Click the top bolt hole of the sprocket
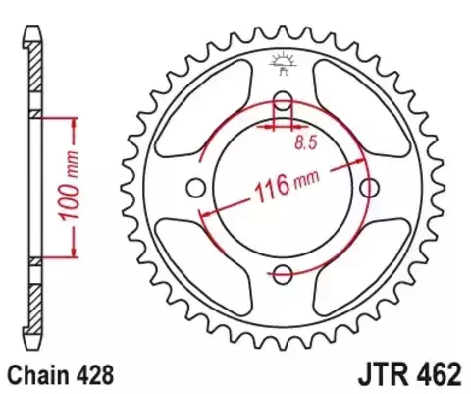pyautogui.click(x=283, y=100)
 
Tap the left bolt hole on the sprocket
pyautogui.click(x=195, y=187)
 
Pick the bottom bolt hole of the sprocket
pyautogui.click(x=283, y=274)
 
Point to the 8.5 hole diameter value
pyautogui.click(x=306, y=144)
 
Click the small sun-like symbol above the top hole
pyautogui.click(x=282, y=60)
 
